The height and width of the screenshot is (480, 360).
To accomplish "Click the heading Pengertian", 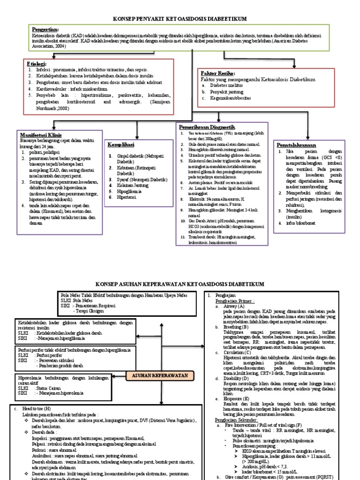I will tap(46, 29).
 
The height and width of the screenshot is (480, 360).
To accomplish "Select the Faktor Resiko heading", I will tap(217, 74).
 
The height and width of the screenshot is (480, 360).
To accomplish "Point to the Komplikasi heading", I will tap(121, 144).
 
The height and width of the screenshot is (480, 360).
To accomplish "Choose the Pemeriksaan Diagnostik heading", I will tap(206, 127).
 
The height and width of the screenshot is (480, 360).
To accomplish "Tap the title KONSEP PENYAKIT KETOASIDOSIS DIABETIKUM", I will tap(180, 18).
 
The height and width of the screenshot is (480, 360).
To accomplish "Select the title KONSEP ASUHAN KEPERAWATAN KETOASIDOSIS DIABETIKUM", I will tap(180, 284).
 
